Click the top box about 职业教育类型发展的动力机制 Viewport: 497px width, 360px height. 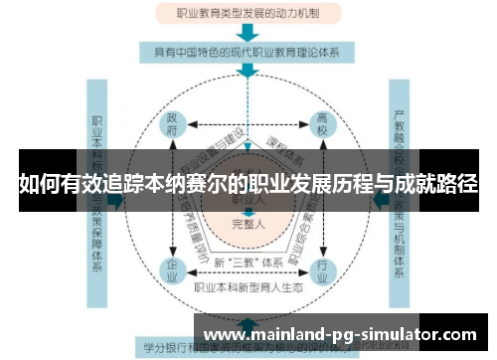coord(248,15)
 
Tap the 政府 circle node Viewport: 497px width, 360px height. coord(172,126)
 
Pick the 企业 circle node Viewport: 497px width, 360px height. coord(172,269)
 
